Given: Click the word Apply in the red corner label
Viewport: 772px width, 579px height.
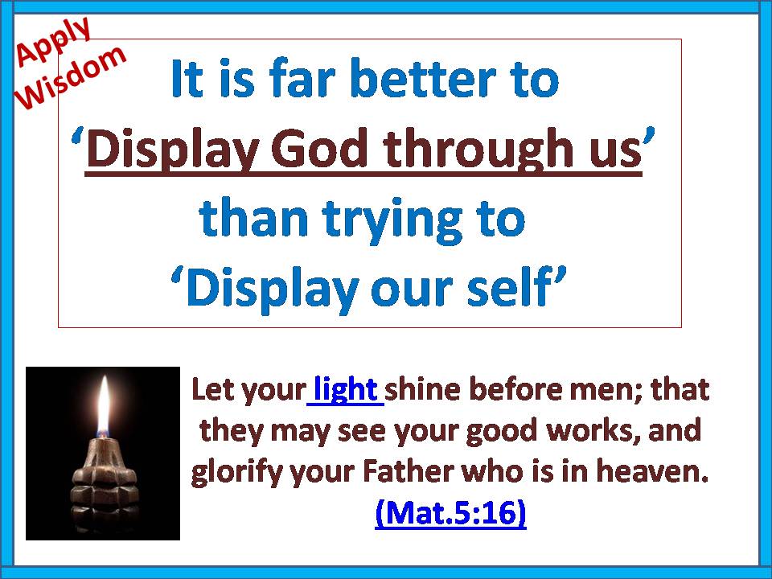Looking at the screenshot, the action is point(53,41).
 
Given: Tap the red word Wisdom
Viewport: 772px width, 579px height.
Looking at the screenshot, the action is point(72,77).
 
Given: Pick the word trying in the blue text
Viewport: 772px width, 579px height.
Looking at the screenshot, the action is point(393,220).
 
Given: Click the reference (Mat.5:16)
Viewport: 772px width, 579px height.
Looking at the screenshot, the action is point(450,512).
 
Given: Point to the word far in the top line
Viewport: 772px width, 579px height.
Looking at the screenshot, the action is point(302,79).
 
